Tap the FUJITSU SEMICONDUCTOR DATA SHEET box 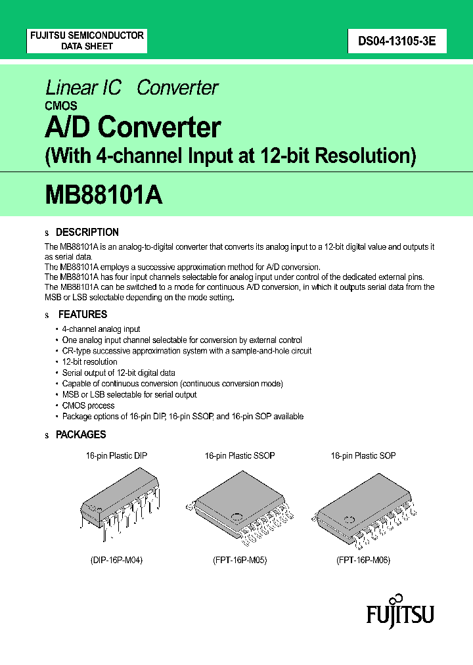pos(87,41)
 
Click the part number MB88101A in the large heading pos(104,195)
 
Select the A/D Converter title pos(133,127)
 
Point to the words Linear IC pos(83,87)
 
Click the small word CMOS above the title pos(61,105)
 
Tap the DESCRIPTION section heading pos(87,232)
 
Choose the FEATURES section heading pos(83,314)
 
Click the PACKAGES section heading pos(81,434)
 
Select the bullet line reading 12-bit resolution pos(90,361)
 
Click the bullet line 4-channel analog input pos(101,329)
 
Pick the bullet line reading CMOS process pos(88,405)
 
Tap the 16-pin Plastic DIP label pos(116,455)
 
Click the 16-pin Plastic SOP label pos(363,455)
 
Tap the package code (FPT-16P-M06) pos(363,561)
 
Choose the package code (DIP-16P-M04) pos(116,561)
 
